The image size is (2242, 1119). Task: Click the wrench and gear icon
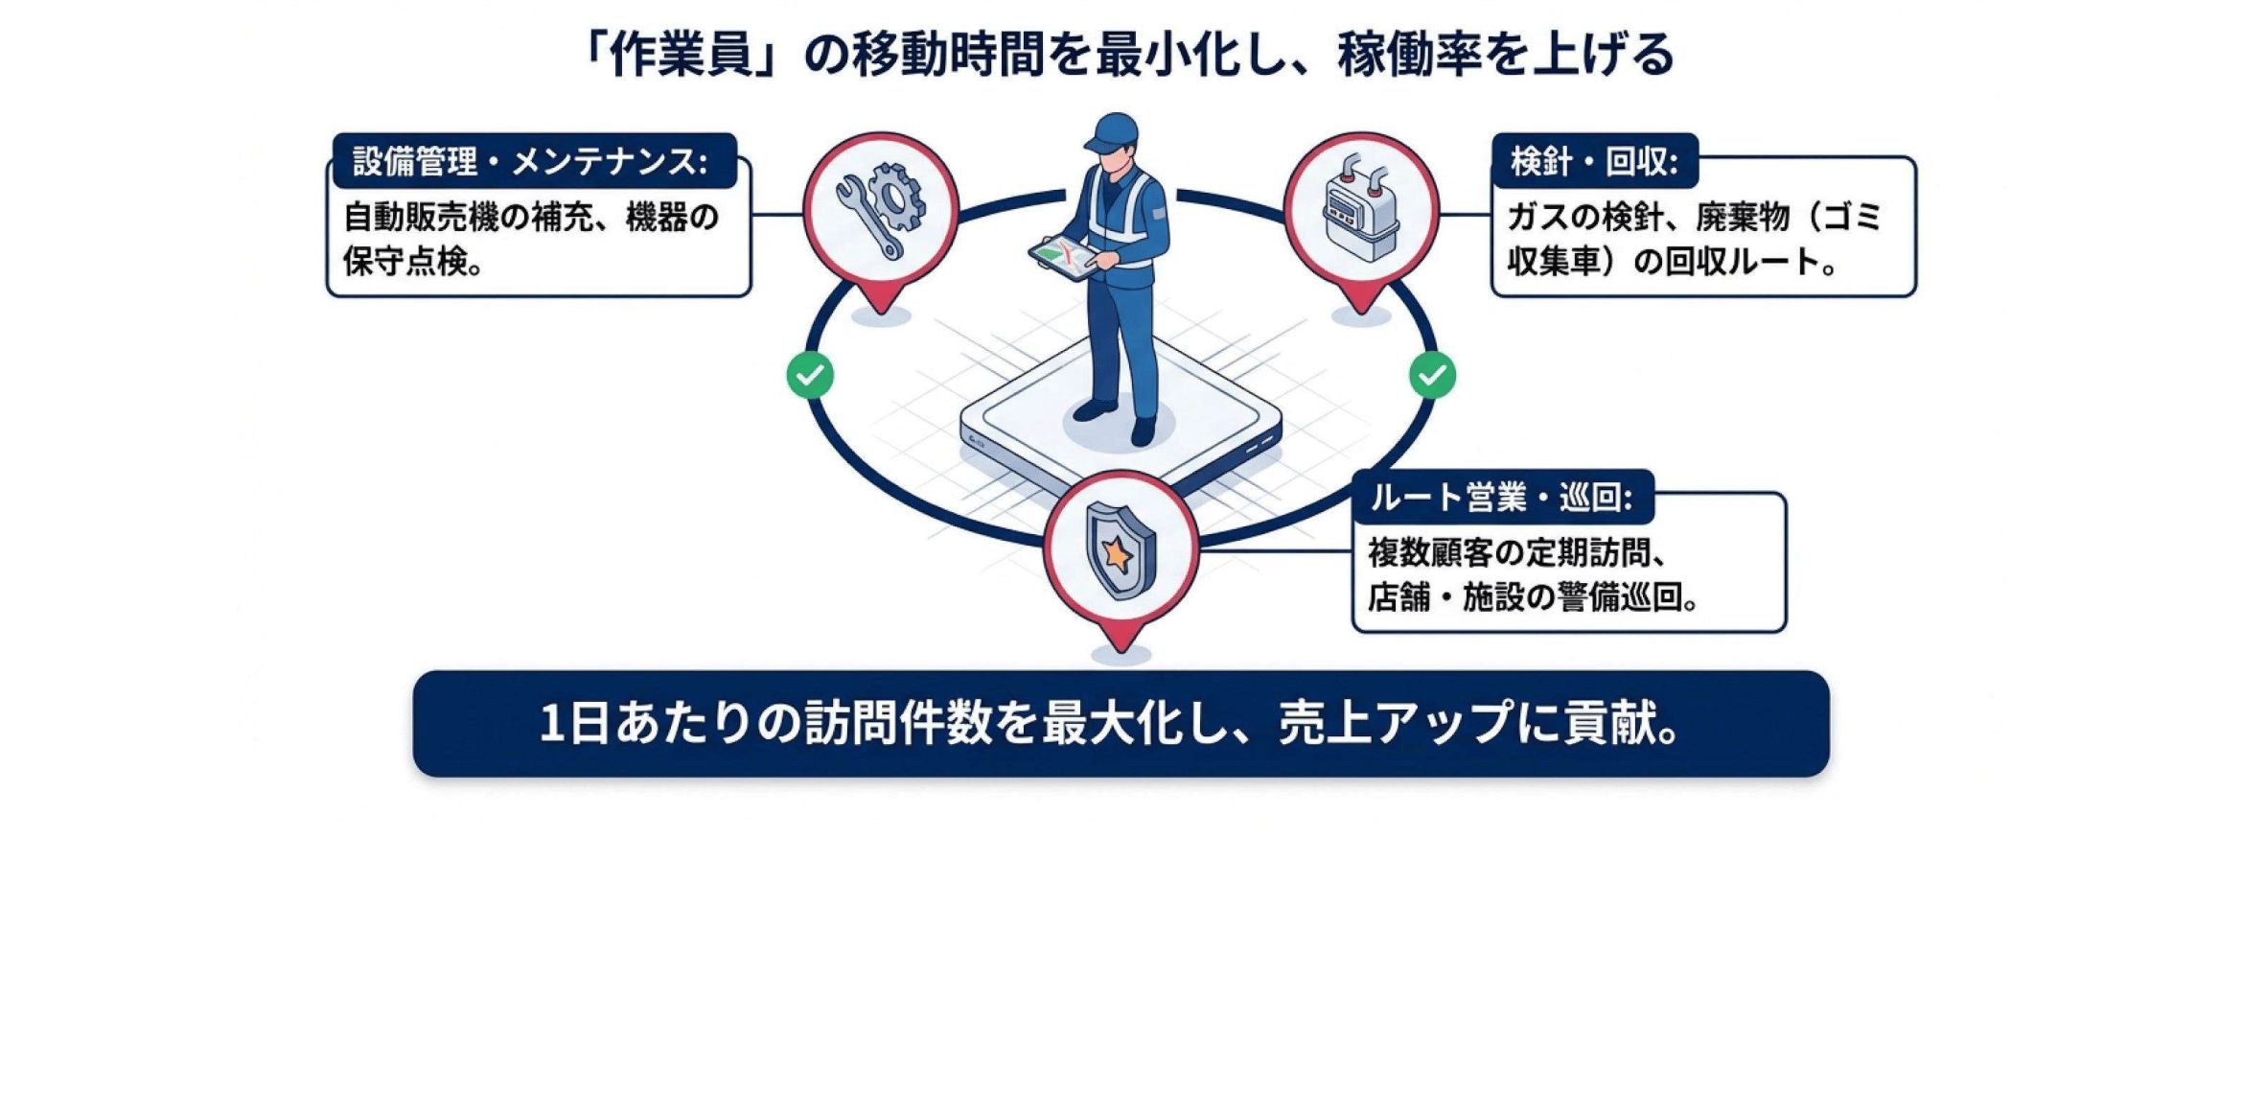880,210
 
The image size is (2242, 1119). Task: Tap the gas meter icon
1360,208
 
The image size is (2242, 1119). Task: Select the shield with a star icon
1120,550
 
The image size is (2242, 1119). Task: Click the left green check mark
810,375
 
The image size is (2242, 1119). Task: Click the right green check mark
1432,375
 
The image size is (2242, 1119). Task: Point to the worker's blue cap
1113,131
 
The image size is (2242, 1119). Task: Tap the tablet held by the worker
1064,258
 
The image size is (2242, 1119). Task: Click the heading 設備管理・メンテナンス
530,161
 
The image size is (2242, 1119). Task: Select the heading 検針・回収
1593,161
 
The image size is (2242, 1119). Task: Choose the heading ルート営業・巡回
1500,497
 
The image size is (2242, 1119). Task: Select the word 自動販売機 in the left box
422,218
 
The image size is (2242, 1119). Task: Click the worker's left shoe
1143,431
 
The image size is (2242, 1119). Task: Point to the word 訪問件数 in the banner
897,723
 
